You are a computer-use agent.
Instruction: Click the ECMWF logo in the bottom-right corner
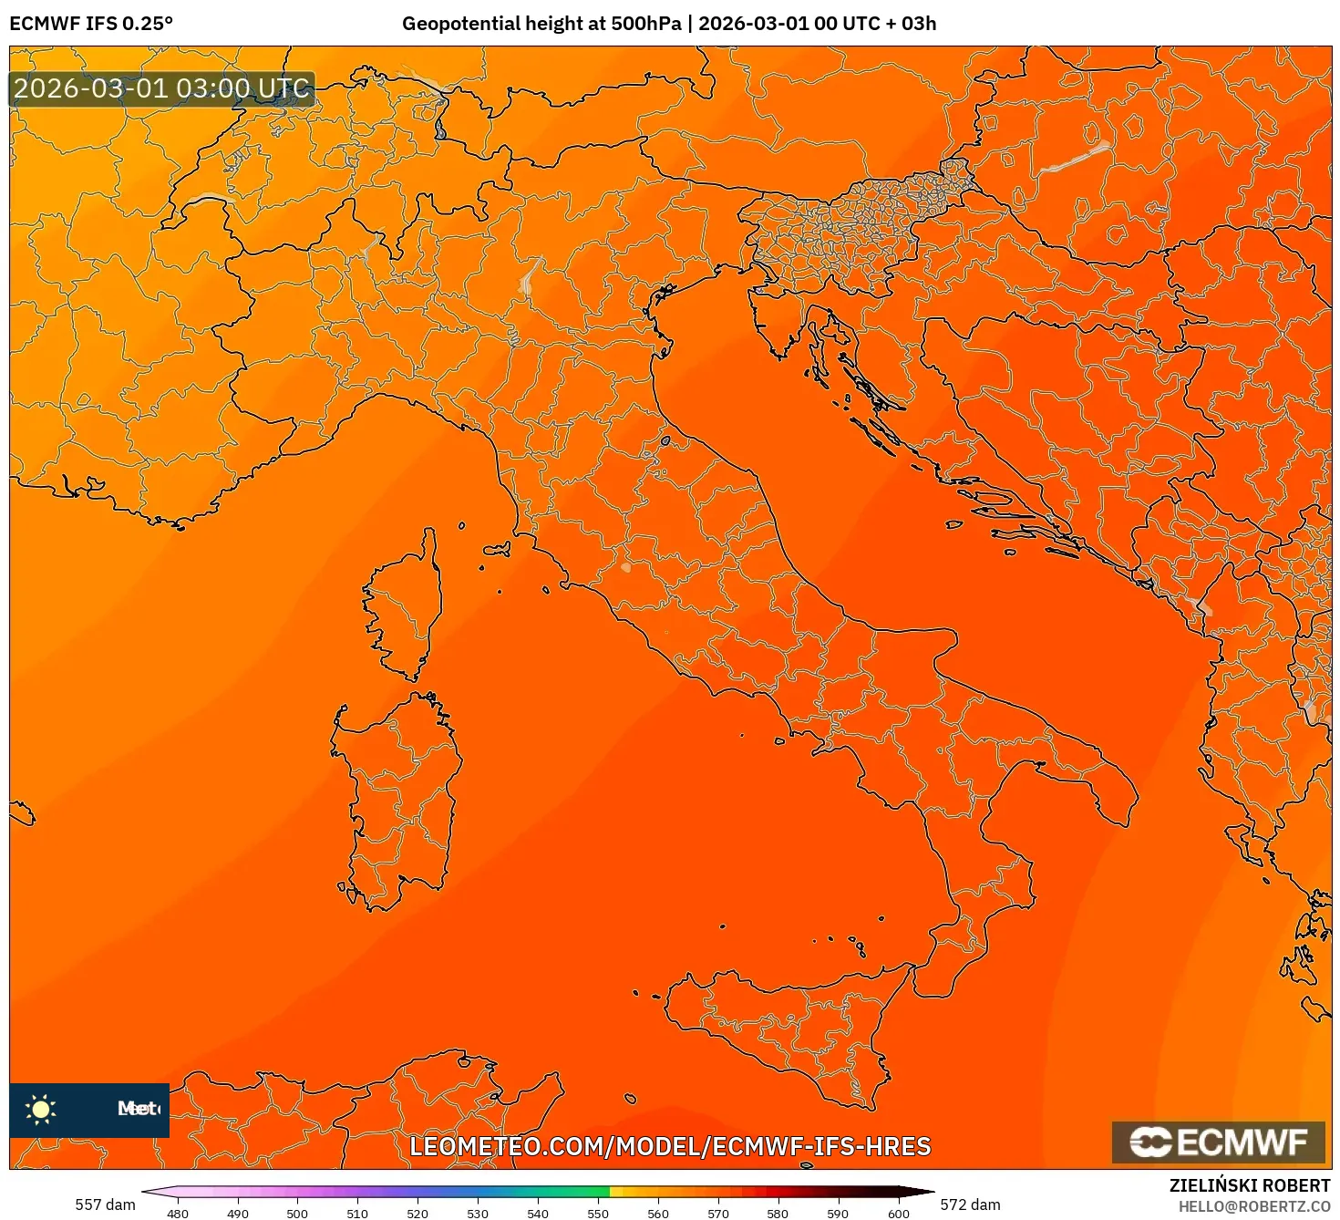pyautogui.click(x=1219, y=1142)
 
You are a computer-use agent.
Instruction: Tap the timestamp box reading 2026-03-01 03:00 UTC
pyautogui.click(x=162, y=89)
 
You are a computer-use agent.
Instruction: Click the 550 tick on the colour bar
pyautogui.click(x=598, y=1214)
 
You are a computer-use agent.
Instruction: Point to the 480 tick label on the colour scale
pyautogui.click(x=178, y=1214)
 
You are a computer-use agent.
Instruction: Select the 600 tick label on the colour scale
pyautogui.click(x=899, y=1214)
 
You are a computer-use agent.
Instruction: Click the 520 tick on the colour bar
pyautogui.click(x=417, y=1214)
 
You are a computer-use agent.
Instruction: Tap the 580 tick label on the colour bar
pyautogui.click(x=778, y=1214)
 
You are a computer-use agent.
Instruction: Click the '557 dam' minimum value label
pyautogui.click(x=105, y=1204)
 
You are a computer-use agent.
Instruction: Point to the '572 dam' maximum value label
pyautogui.click(x=970, y=1204)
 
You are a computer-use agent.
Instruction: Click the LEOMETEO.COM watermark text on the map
pyautogui.click(x=670, y=1146)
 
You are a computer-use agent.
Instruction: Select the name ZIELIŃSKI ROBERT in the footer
pyautogui.click(x=1250, y=1185)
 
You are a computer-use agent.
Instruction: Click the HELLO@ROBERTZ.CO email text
pyautogui.click(x=1254, y=1206)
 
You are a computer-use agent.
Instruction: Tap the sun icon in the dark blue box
pyautogui.click(x=41, y=1109)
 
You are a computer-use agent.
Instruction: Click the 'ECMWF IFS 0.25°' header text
pyautogui.click(x=91, y=24)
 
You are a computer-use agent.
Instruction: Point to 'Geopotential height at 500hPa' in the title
pyautogui.click(x=541, y=24)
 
